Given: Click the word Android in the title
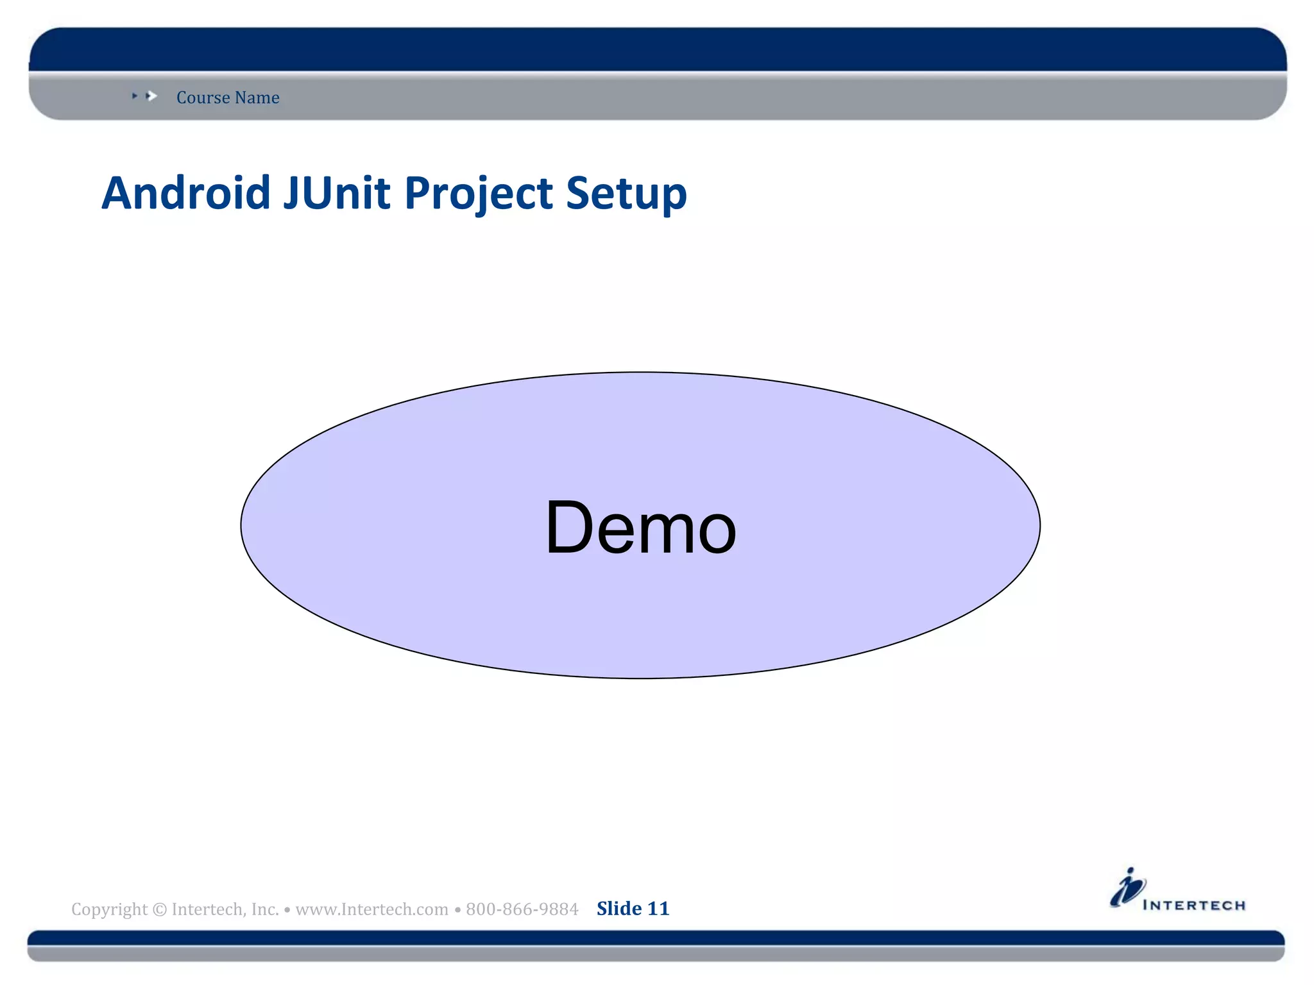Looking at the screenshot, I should tap(186, 193).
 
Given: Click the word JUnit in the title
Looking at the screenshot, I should tap(336, 193).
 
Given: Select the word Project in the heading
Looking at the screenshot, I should tap(479, 194).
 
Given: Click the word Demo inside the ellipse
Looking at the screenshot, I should tap(640, 527).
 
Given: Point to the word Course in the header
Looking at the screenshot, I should tap(203, 97).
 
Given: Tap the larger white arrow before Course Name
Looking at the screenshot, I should tap(152, 96).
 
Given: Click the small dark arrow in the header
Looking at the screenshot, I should tap(135, 96).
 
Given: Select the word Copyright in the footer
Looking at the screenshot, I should tap(109, 909).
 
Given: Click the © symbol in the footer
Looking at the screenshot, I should tap(160, 909).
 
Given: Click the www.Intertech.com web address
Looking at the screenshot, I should tap(371, 909).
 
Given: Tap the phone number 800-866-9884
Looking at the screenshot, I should tap(522, 909).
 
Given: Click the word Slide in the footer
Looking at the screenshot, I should tap(619, 909).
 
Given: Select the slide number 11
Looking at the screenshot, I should tap(658, 909).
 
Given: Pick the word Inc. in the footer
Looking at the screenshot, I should tap(265, 909).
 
